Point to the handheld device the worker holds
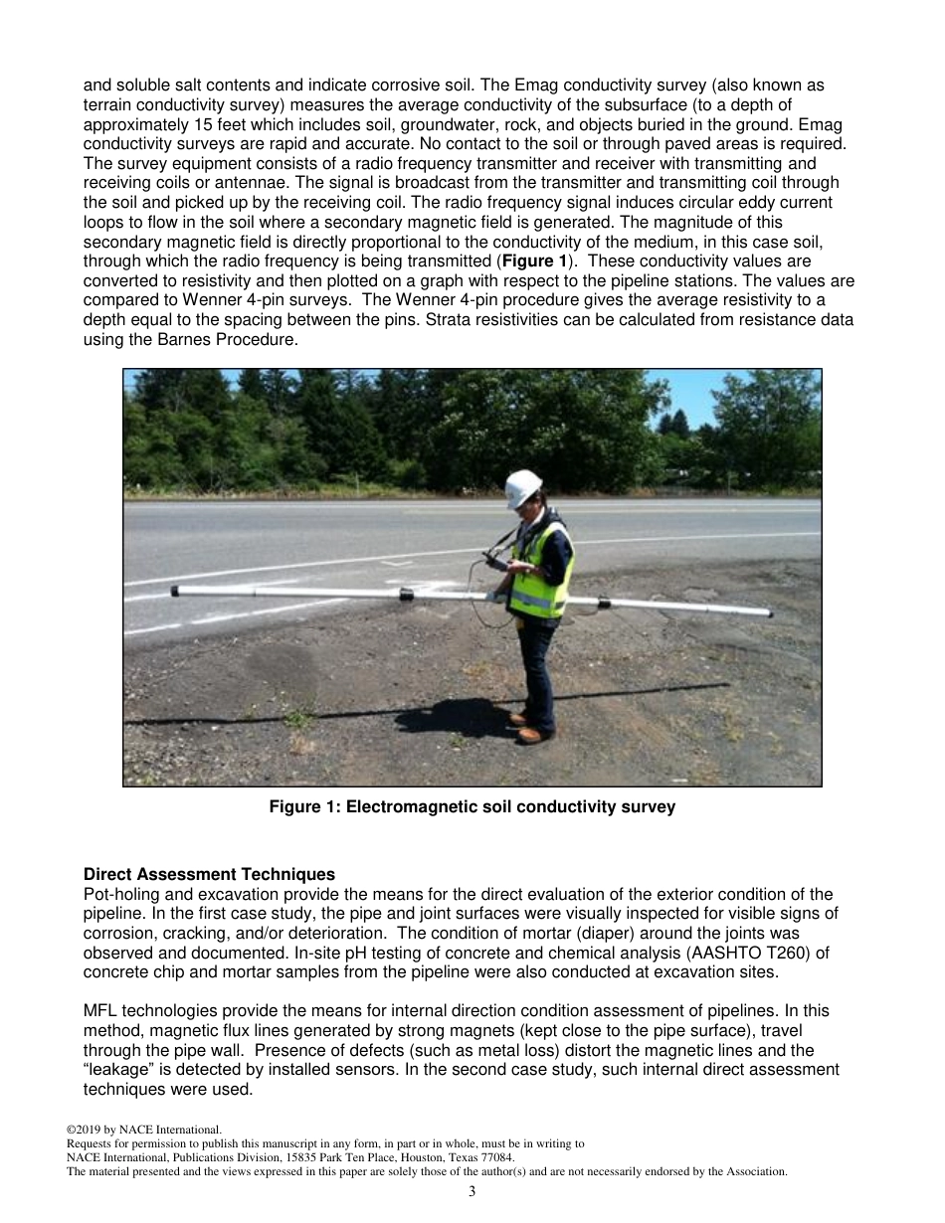(x=494, y=562)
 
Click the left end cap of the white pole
(x=175, y=591)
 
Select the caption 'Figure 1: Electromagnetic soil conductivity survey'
(x=472, y=807)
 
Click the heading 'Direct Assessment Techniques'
(x=209, y=875)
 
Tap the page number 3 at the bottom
(x=472, y=1192)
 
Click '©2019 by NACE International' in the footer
(x=143, y=1130)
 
